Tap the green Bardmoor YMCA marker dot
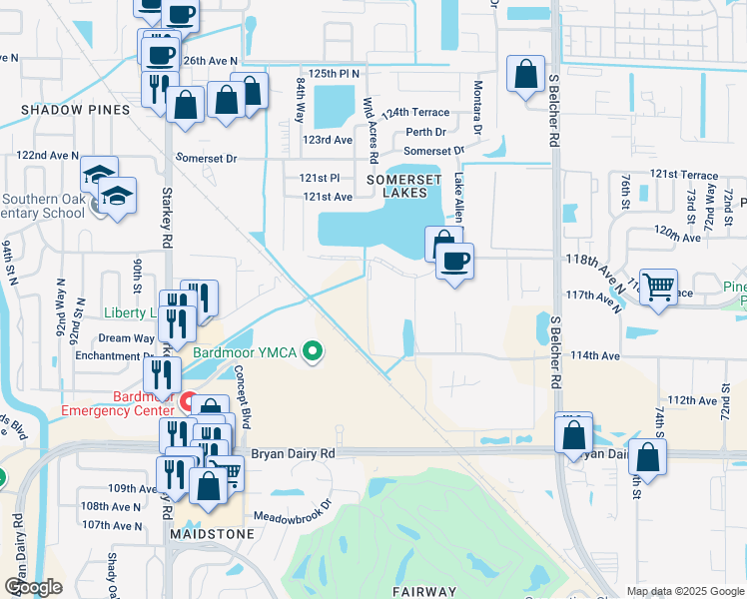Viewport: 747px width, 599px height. pos(315,350)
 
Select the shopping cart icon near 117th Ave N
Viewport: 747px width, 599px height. pos(659,288)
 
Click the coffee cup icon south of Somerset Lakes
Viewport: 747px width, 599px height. pos(455,262)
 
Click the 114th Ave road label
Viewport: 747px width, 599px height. pos(596,356)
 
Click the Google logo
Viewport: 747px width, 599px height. pos(34,587)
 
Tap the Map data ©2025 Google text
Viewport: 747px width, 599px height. pos(684,591)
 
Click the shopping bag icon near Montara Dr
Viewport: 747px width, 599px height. pos(525,74)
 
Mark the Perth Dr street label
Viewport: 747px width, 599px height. pos(426,132)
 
